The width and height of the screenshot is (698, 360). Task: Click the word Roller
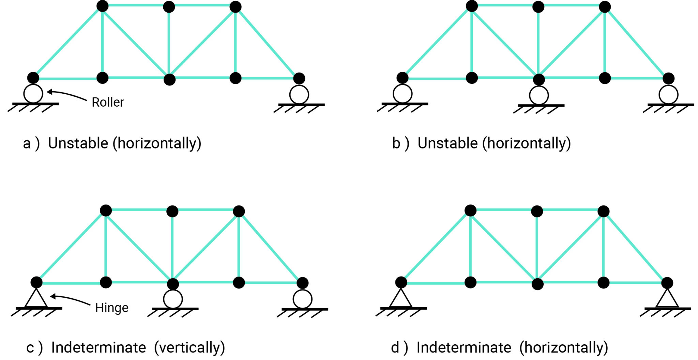coord(108,102)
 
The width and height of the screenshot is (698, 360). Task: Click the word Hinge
coord(111,308)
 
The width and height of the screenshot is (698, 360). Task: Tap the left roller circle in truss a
coord(33,94)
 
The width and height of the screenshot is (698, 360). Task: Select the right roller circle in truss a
coord(299,94)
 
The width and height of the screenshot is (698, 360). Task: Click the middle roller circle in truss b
coord(539,95)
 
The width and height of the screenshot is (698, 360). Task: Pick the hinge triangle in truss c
coord(36,299)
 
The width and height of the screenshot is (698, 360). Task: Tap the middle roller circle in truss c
coord(173,299)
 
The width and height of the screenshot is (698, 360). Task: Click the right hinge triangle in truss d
coord(667,299)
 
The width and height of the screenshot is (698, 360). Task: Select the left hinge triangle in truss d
coord(401,299)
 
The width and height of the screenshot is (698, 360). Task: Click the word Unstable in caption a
coord(78,143)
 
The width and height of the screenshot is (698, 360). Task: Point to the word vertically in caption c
coord(189,348)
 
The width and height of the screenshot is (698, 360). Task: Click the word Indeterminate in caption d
coord(464,348)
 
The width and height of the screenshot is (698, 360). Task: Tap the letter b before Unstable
coord(396,143)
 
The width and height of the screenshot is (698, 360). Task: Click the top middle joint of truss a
coord(169,6)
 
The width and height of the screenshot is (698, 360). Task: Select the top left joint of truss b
coord(472,6)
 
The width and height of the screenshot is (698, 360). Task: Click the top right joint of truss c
coord(239,211)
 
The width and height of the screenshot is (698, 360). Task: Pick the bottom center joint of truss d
coord(537,284)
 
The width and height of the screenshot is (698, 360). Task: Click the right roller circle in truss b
coord(668,94)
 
